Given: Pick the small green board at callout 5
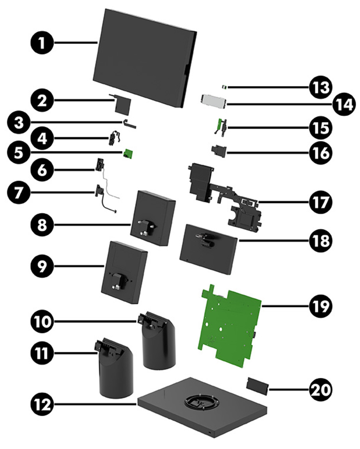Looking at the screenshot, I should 128,154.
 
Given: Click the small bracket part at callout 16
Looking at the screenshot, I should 218,151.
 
